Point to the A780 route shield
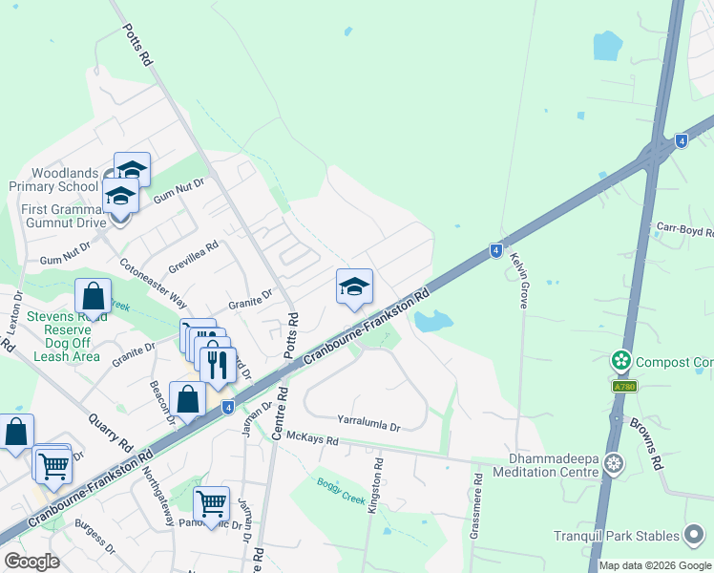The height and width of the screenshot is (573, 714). coord(623,386)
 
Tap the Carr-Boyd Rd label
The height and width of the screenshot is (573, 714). coord(684,229)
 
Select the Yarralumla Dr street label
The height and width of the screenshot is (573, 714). coord(367,418)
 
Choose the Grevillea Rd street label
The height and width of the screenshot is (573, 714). coord(194,253)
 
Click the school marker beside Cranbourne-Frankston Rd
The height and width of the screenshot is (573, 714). coord(353,286)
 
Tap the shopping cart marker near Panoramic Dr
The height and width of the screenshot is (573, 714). coord(211,502)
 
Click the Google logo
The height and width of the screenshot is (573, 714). coord(31,561)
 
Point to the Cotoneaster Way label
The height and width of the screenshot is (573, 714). coord(153,281)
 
